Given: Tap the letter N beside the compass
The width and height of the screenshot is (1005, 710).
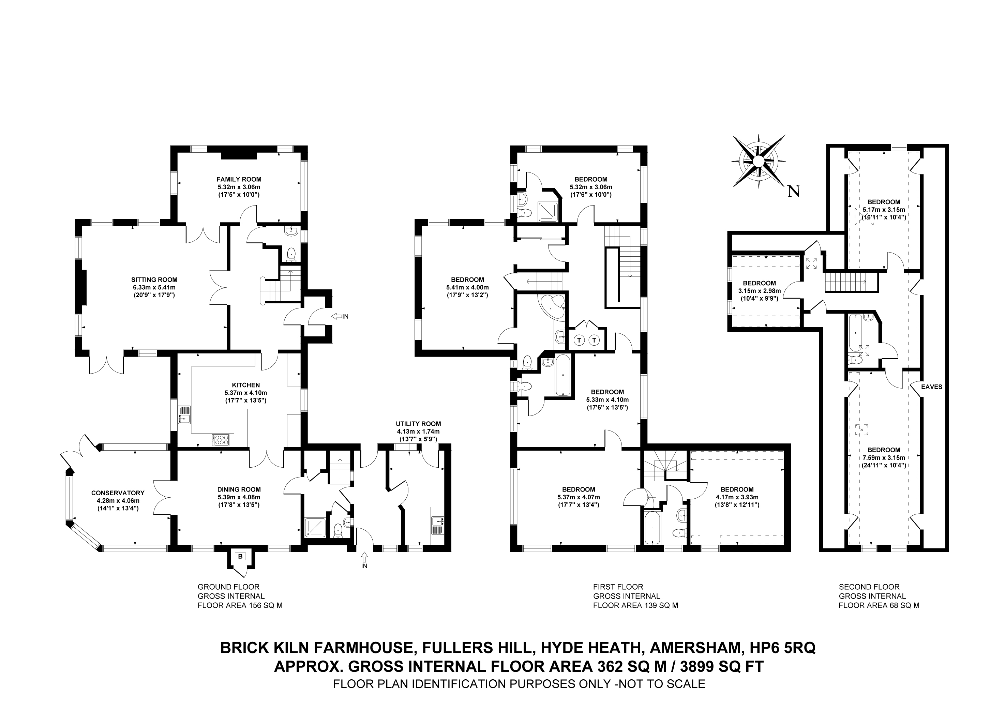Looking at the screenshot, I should click(x=794, y=191).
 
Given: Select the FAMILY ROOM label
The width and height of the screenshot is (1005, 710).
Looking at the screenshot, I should click(x=239, y=179).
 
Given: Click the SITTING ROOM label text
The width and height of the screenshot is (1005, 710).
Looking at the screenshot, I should click(x=154, y=280).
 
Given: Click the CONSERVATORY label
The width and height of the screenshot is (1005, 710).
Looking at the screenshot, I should click(x=118, y=493).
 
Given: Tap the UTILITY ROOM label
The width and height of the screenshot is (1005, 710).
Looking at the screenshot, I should click(x=418, y=424).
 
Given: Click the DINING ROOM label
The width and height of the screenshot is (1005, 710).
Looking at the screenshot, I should click(x=239, y=489).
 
